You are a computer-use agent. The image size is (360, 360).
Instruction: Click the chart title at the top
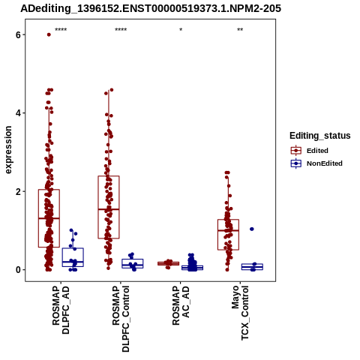151,9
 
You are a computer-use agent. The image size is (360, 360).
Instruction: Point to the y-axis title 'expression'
8,150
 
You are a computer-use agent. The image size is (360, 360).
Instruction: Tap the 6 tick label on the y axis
18,34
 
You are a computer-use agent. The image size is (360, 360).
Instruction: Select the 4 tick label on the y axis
18,113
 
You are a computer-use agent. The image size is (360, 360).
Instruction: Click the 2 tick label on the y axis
18,191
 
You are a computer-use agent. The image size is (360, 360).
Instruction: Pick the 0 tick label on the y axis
18,270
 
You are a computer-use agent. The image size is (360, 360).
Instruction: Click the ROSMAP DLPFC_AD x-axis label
61,310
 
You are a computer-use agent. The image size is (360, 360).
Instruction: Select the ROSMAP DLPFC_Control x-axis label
121,319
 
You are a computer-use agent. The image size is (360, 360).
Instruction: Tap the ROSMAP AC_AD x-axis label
181,305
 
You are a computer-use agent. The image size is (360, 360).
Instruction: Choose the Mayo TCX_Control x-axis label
240,313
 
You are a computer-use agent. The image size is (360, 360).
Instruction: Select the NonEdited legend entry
316,163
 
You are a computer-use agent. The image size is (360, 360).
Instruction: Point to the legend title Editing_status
320,136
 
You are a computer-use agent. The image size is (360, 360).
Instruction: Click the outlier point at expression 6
49,34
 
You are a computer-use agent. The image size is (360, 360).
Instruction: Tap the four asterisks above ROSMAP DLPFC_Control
121,30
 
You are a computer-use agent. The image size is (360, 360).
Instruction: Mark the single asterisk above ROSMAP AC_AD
181,30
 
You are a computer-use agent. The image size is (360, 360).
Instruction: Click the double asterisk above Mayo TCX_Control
240,30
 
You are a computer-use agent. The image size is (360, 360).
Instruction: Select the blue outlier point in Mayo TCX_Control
252,229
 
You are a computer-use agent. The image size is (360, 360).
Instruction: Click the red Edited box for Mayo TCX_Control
217,235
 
